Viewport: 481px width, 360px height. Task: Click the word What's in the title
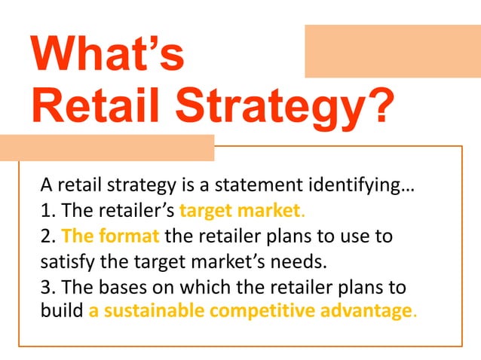pos(107,56)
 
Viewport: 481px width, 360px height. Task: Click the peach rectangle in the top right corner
pos(392,50)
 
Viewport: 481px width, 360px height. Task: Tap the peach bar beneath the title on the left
pos(106,148)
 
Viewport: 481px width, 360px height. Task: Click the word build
pos(61,310)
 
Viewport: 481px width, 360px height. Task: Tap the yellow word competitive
pos(264,310)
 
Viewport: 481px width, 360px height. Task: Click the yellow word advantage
pos(369,310)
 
